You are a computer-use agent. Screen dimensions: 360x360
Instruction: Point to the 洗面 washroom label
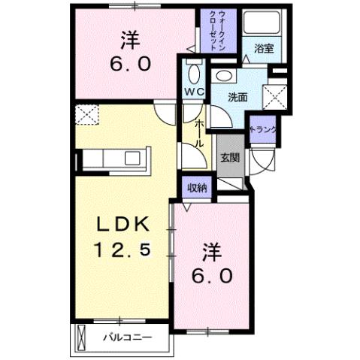click(x=238, y=96)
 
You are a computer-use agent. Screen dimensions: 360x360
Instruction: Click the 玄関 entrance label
click(x=230, y=158)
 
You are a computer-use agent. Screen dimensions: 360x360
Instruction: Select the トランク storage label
click(x=264, y=129)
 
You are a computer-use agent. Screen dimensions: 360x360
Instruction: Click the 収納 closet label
click(x=197, y=187)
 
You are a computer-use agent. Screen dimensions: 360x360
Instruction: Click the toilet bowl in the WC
click(x=194, y=73)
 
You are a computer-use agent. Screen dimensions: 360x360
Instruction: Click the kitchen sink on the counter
click(x=133, y=159)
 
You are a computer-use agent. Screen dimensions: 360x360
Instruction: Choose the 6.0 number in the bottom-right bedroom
click(x=213, y=274)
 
